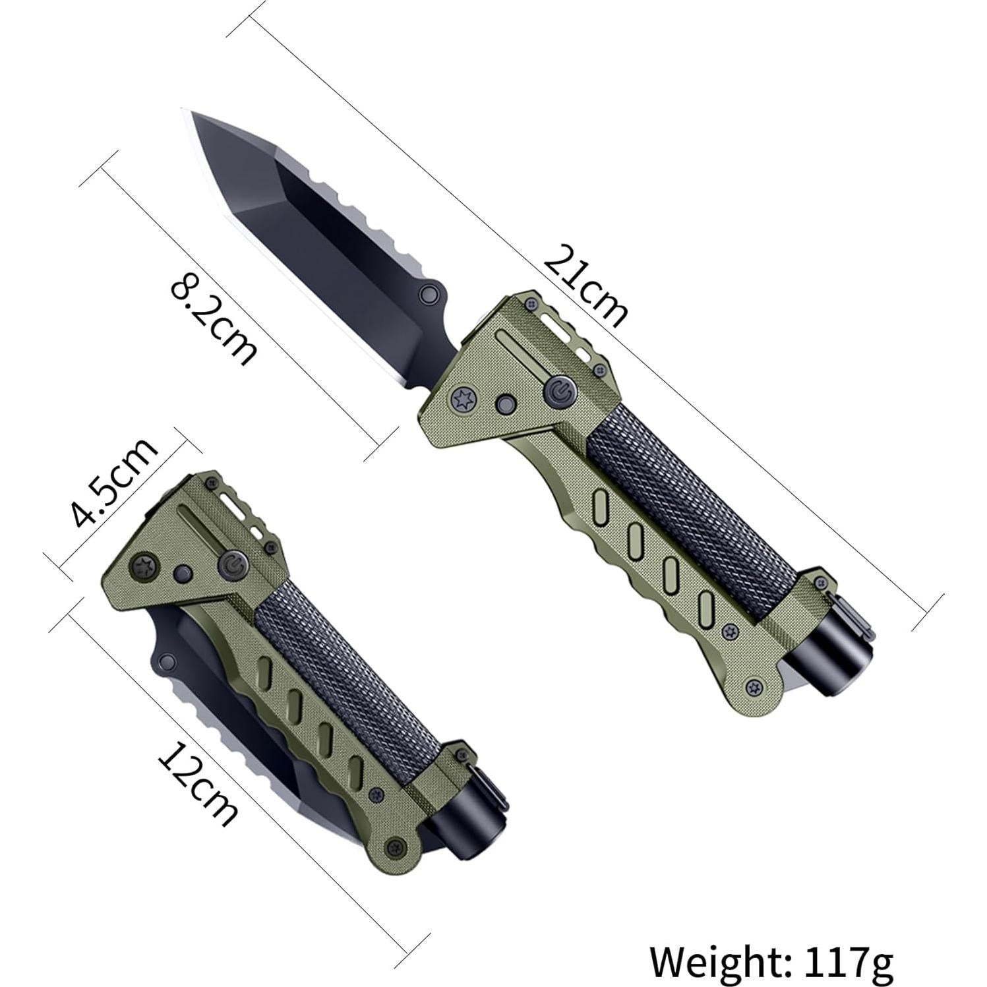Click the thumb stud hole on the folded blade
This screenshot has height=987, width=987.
pyautogui.click(x=165, y=659)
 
